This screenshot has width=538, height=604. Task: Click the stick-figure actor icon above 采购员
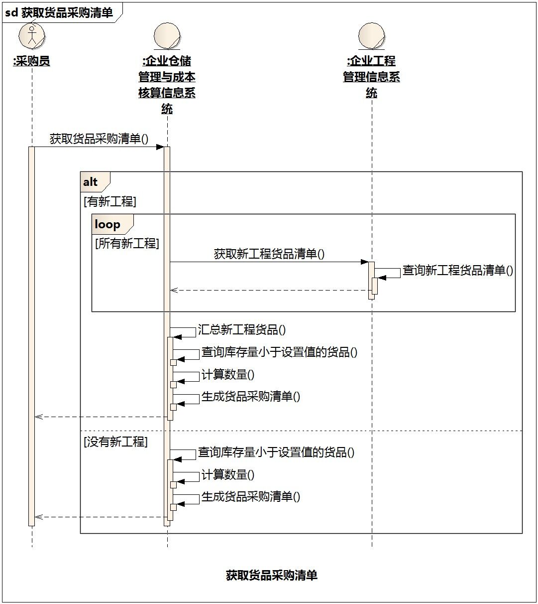click(x=31, y=36)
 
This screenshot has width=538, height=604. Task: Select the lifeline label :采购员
click(x=31, y=61)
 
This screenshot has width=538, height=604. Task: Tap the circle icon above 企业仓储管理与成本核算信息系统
click(x=167, y=36)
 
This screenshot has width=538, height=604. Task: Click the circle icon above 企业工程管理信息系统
click(x=372, y=36)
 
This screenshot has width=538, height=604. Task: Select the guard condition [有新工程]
click(x=110, y=201)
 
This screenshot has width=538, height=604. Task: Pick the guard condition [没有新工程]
click(x=115, y=442)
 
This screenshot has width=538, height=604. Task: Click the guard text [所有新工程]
click(x=127, y=243)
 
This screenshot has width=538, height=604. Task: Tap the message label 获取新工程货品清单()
click(x=269, y=254)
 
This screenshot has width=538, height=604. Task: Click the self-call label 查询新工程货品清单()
click(x=458, y=270)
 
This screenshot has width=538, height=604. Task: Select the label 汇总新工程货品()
click(x=242, y=329)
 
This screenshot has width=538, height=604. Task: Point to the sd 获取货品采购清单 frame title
click(x=59, y=13)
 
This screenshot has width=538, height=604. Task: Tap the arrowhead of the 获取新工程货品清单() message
click(x=365, y=262)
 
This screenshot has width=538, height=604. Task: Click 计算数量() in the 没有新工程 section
click(x=228, y=474)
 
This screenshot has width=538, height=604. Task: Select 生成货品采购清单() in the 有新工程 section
click(x=251, y=397)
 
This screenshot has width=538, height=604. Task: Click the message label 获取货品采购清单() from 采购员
click(x=99, y=139)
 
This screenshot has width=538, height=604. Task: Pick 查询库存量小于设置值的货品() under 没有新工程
click(x=276, y=453)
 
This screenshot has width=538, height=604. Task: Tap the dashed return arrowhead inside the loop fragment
click(x=174, y=290)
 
